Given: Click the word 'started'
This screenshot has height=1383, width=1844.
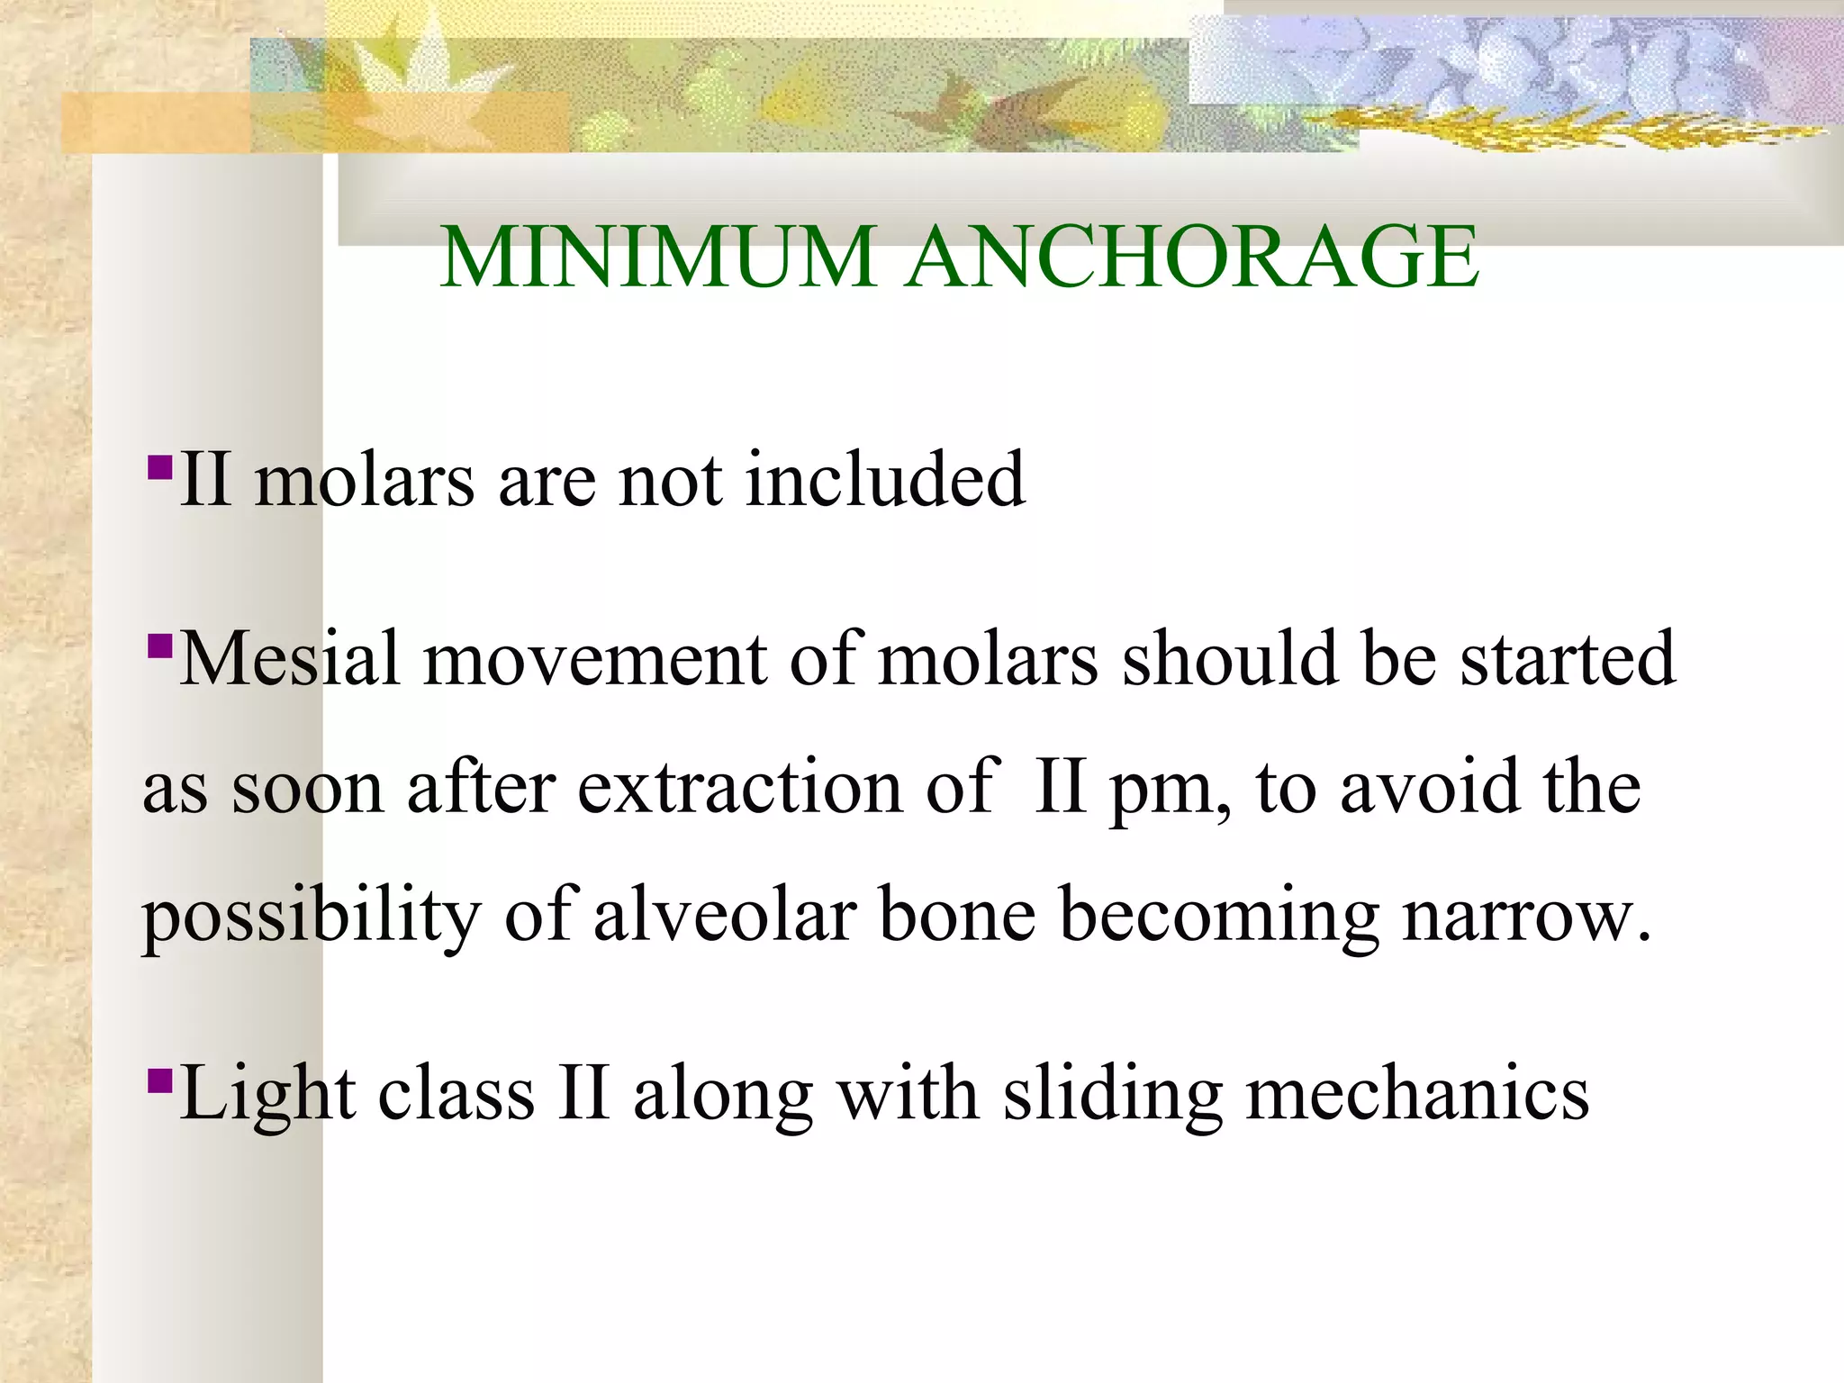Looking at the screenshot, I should tap(1568, 659).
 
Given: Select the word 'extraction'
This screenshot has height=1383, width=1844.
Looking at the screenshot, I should tap(740, 787).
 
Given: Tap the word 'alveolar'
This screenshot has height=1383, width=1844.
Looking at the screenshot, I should tap(725, 915).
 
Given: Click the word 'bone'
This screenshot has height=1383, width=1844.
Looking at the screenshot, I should tap(957, 915).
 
